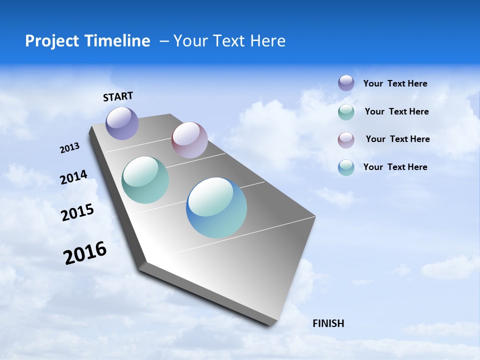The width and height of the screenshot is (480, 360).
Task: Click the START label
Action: pos(118,96)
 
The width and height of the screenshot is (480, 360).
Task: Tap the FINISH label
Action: pos(328,323)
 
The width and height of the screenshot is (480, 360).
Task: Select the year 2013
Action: pos(69,148)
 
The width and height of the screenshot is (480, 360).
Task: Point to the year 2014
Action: pos(73,177)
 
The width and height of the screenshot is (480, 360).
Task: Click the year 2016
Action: pos(85,253)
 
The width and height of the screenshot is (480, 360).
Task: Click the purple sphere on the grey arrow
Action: pos(122,123)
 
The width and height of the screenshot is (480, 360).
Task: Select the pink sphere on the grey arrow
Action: pos(189,140)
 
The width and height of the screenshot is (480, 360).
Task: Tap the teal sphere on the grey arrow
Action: pos(145,180)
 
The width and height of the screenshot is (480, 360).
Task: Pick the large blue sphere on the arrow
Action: pos(216,207)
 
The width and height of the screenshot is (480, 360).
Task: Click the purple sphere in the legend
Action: pos(346,83)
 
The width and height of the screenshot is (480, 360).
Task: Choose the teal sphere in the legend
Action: pos(346,112)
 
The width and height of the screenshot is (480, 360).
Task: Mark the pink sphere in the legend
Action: pos(346,140)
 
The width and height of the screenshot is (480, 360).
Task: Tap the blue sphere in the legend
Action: pos(346,167)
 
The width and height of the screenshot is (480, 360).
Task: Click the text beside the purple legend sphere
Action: pos(395,84)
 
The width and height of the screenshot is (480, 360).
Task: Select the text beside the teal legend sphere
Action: pos(396,111)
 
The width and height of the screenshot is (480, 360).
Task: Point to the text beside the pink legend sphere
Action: pos(397,139)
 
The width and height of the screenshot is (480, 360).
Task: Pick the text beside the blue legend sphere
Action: pos(395,167)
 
